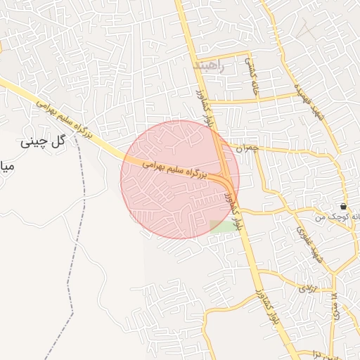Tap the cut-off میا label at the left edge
tap(6, 167)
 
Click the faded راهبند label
tap(211, 67)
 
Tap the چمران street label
tap(247, 149)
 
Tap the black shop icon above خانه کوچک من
tap(343, 207)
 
